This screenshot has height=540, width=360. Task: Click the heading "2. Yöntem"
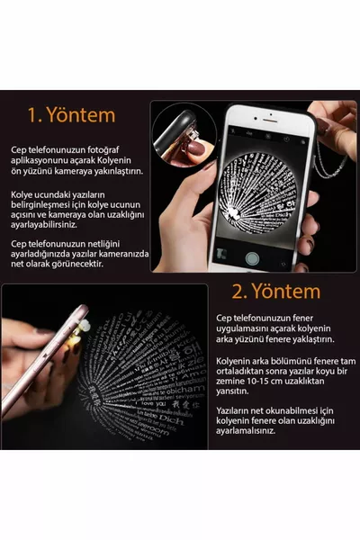tap(276, 291)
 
